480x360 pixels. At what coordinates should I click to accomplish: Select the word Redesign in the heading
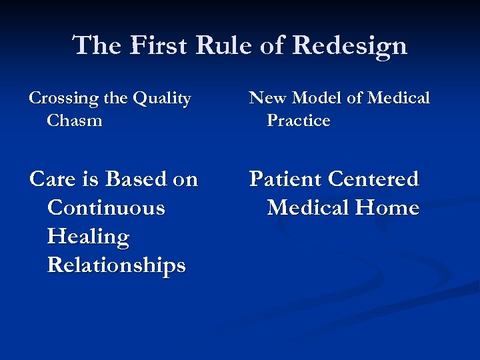click(x=349, y=45)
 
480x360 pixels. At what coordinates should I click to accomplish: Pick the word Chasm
click(x=75, y=121)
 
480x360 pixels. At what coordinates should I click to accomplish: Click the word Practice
click(x=299, y=121)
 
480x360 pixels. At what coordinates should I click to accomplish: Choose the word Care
click(x=53, y=179)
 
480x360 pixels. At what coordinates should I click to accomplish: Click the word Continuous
click(x=106, y=208)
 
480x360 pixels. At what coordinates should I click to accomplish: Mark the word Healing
click(x=88, y=237)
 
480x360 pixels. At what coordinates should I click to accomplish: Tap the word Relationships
click(x=116, y=266)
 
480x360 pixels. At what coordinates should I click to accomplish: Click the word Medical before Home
click(x=308, y=208)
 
